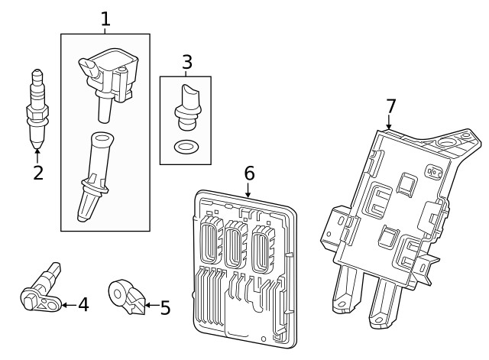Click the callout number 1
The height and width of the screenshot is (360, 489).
click(x=105, y=18)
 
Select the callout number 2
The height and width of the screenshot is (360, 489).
click(x=37, y=172)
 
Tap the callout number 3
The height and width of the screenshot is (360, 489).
click(x=186, y=62)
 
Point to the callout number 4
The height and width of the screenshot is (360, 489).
click(x=83, y=305)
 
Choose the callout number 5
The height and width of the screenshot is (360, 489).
click(x=165, y=308)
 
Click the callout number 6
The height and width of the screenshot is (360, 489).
click(x=248, y=174)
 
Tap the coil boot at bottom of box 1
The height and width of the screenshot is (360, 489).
click(x=94, y=175)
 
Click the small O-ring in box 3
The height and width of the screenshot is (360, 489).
click(x=184, y=147)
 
